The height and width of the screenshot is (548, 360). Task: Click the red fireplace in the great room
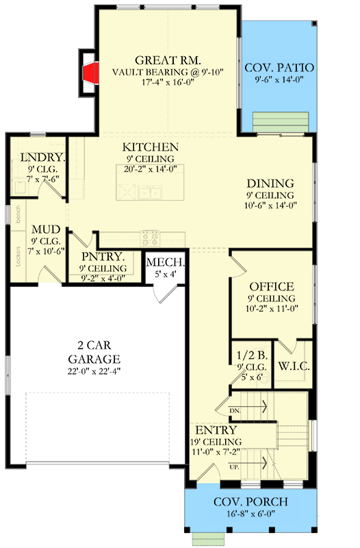coord(88,75)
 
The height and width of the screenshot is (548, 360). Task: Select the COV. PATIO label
coord(279,68)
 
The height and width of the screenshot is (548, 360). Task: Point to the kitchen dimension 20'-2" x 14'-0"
coord(151,169)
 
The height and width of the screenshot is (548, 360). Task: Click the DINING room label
coord(270,183)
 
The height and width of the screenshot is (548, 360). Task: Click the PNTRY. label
coord(101,257)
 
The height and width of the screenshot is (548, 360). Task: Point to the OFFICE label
coord(272,286)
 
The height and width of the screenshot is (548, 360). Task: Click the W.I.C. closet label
coord(294,366)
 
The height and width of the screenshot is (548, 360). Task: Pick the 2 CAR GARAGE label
coord(94,352)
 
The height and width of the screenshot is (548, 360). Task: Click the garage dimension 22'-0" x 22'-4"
coord(94,371)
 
